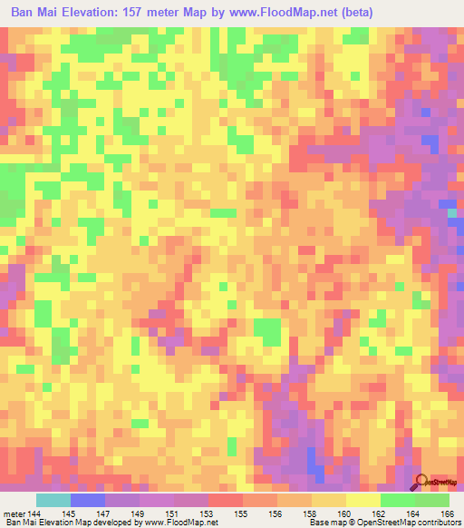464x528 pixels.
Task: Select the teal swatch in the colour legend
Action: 53,500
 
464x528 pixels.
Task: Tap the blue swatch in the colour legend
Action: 88,500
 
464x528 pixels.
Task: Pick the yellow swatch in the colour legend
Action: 363,500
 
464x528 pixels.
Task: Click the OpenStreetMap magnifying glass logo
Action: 421,481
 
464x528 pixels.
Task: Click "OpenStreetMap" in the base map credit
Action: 378,522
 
